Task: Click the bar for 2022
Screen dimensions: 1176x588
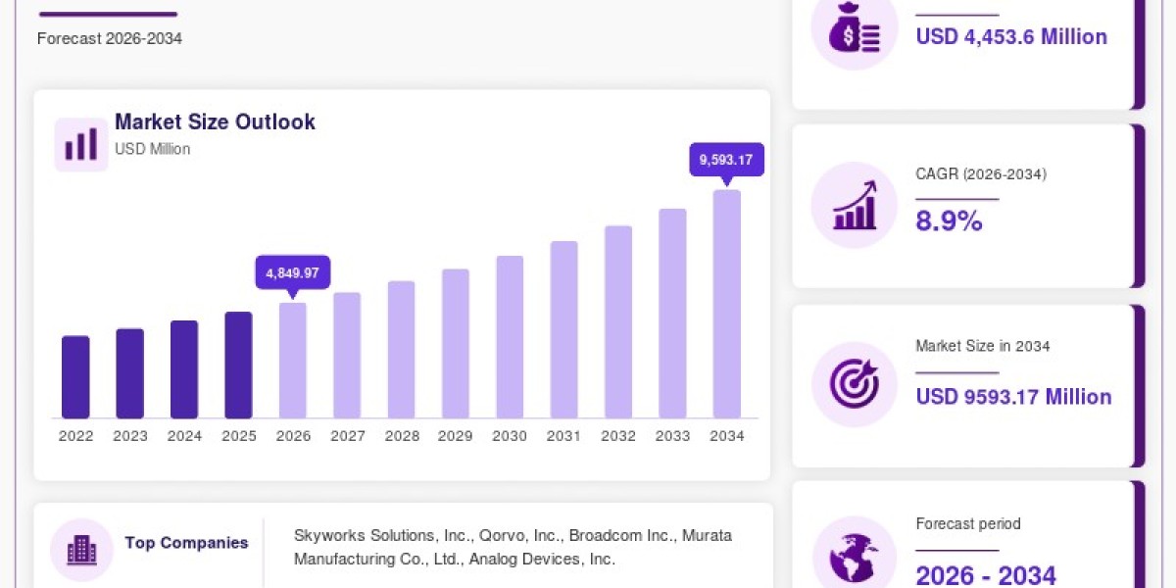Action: [x=75, y=377]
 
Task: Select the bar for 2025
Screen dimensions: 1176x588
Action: [x=238, y=366]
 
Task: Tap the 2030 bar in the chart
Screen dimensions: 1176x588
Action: [x=510, y=337]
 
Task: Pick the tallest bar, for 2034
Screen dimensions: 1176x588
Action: [x=726, y=304]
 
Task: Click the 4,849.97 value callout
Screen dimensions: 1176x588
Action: [x=293, y=272]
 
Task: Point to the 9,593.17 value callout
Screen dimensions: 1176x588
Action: [x=726, y=160]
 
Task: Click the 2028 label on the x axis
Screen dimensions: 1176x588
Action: [x=402, y=436]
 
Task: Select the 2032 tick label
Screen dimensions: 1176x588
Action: [x=618, y=436]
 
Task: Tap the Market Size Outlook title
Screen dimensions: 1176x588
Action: [x=215, y=122]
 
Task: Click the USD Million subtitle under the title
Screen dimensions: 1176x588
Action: [x=152, y=149]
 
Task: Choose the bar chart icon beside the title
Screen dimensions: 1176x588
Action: [x=80, y=144]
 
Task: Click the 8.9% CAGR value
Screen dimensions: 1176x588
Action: [x=949, y=220]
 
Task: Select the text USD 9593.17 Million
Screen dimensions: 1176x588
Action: [x=1013, y=397]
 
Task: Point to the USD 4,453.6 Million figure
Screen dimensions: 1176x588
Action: [x=1011, y=37]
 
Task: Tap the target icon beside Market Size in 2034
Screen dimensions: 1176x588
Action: [x=855, y=384]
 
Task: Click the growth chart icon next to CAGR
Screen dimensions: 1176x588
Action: [x=855, y=205]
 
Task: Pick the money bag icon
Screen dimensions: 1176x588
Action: [x=855, y=27]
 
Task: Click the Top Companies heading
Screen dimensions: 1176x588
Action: [x=186, y=542]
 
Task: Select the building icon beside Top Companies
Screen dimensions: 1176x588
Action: [x=82, y=550]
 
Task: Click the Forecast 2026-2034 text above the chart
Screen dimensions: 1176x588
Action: [x=110, y=38]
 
